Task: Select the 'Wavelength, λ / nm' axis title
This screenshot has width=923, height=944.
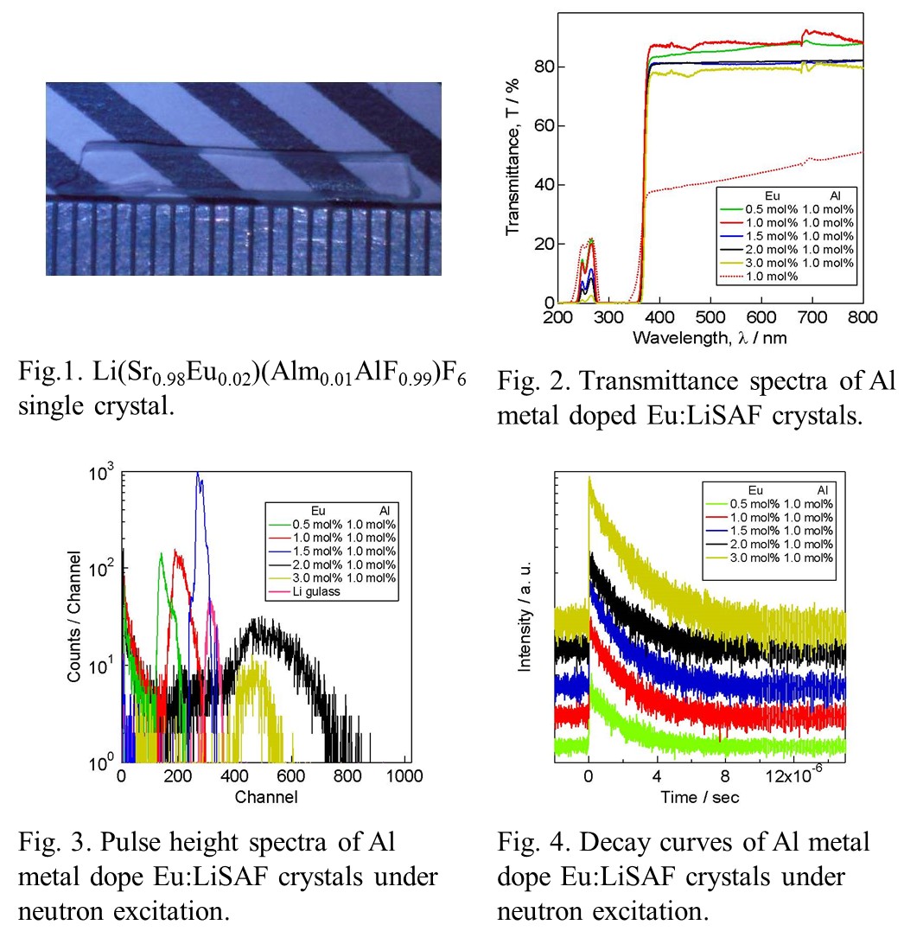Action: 710,337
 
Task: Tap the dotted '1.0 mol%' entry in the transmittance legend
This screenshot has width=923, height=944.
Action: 760,277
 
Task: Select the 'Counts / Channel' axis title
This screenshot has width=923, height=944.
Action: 75,615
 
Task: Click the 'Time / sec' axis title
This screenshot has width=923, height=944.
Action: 700,796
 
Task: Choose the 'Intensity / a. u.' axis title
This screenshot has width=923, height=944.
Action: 524,616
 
